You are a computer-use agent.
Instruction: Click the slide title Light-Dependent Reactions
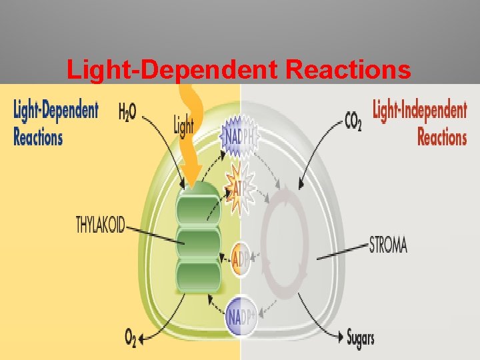239,70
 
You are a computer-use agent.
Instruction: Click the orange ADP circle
240,259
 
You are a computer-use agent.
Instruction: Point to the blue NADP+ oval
241,312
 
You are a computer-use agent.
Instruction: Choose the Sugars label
360,337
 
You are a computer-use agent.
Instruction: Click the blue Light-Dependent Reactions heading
55,123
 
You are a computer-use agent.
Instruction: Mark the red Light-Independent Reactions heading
419,123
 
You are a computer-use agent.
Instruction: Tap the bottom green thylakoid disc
197,275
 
